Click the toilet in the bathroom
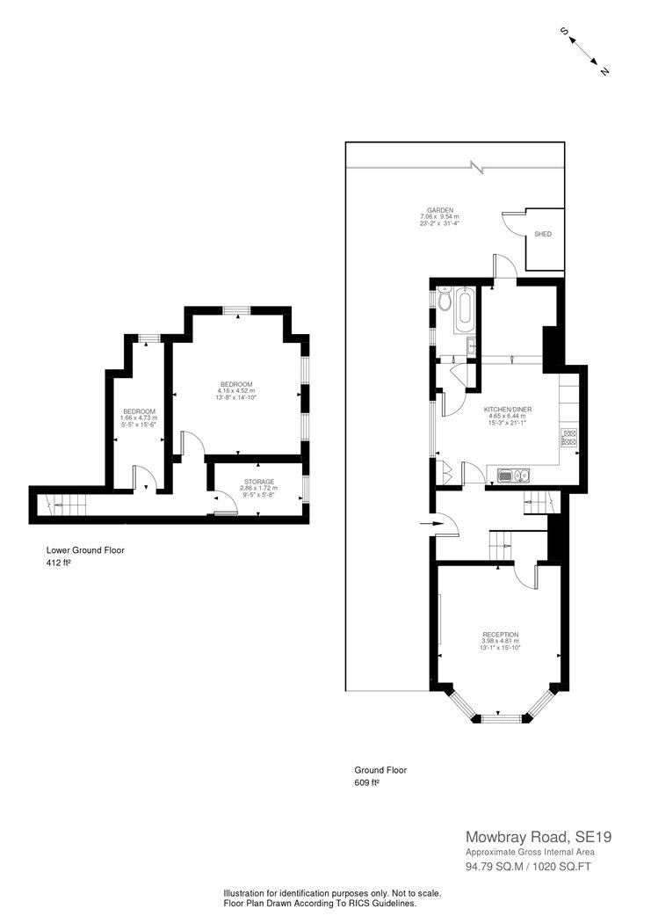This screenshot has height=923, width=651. click(x=444, y=300)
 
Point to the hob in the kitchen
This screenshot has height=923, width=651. click(x=568, y=436)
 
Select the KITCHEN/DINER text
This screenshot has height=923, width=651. click(x=508, y=411)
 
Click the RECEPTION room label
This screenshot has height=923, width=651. click(x=499, y=634)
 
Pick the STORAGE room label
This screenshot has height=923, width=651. click(x=259, y=482)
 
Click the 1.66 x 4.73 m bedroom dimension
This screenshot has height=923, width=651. click(x=139, y=418)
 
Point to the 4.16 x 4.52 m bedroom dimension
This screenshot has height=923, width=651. click(x=236, y=391)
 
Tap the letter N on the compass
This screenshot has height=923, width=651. click(x=604, y=71)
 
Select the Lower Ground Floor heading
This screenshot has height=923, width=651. click(x=85, y=550)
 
